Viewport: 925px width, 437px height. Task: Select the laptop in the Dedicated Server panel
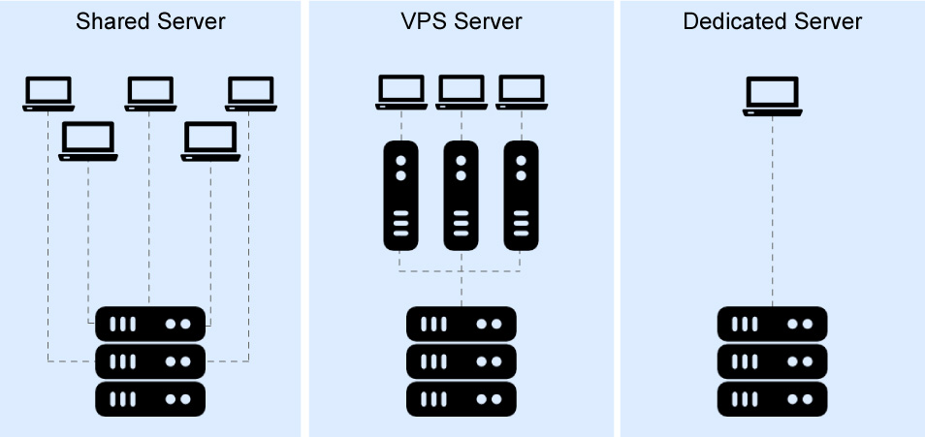772,96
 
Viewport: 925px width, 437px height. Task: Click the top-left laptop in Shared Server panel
48,93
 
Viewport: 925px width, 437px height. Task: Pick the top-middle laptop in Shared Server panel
149,93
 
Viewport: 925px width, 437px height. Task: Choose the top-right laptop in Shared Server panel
250,93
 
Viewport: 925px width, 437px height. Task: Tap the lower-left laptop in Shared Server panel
88,140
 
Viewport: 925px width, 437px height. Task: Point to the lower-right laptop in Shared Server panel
210,140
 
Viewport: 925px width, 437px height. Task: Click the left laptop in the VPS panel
400,92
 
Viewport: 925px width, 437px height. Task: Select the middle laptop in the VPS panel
461,92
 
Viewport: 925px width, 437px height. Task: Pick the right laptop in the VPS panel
521,92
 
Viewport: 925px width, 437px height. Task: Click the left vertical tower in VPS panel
400,195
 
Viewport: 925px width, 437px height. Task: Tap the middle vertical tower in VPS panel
461,195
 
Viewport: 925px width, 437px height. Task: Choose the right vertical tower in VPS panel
521,195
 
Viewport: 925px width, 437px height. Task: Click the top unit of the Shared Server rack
150,324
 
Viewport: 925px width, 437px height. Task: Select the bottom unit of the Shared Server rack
150,398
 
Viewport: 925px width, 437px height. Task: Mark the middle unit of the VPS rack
461,360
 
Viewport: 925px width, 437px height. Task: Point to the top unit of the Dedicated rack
772,324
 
